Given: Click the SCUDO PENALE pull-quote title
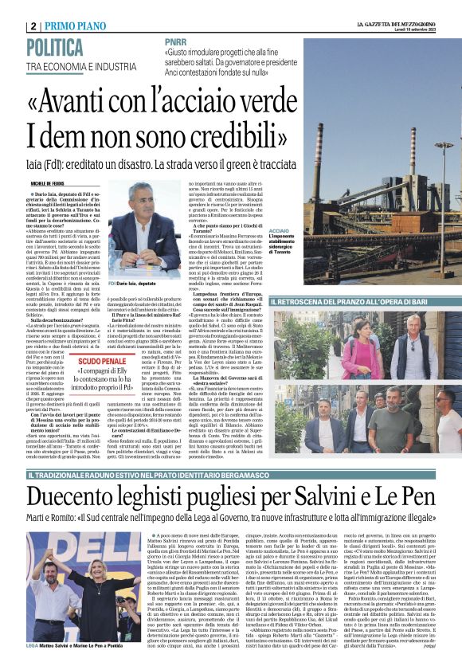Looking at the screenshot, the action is [x=106, y=361].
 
